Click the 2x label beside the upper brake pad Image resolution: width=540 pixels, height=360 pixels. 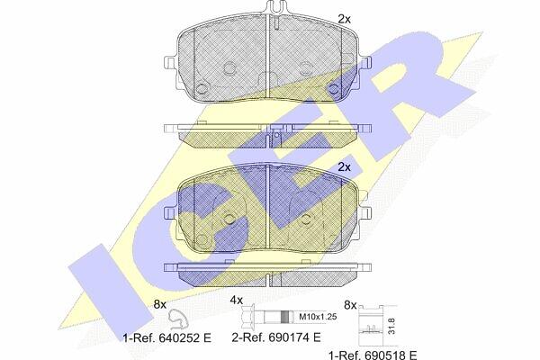tap(344, 19)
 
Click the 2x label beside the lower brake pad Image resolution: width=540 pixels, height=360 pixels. tap(344, 167)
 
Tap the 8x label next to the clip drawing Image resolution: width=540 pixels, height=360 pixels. tap(160, 304)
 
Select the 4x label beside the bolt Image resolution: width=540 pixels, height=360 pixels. tap(237, 300)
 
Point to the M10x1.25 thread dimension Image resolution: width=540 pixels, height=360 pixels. tap(318, 317)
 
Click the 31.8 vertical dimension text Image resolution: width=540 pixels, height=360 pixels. tap(391, 326)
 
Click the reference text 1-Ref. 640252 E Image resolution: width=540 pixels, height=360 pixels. tap(167, 338)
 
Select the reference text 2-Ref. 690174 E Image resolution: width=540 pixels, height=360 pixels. tap(276, 337)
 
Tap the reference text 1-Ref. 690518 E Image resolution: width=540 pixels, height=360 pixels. tap(373, 355)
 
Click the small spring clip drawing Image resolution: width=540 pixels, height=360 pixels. tap(177, 319)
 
